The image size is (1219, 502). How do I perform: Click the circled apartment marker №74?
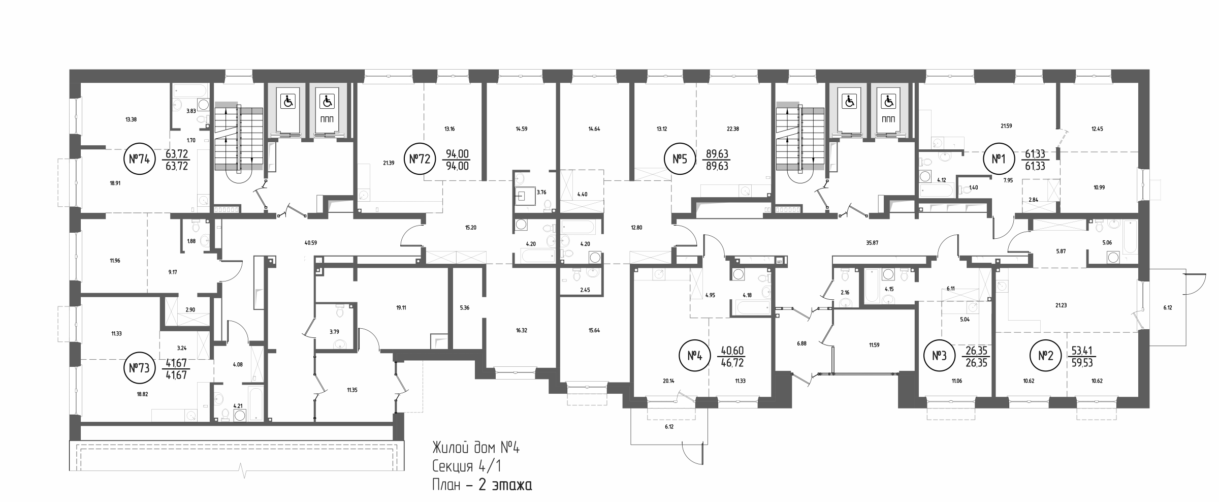click(139, 159)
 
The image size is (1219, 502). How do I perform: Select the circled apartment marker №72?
click(420, 159)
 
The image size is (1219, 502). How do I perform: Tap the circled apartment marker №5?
click(680, 159)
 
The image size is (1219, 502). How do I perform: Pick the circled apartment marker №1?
click(999, 159)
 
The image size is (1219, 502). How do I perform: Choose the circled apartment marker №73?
click(139, 368)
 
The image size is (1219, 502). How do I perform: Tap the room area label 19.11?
click(401, 307)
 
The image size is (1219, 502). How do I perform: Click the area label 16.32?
click(521, 330)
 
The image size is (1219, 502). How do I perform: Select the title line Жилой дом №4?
click(476, 448)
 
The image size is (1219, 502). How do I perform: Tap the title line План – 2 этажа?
click(482, 485)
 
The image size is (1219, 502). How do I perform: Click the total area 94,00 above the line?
click(458, 154)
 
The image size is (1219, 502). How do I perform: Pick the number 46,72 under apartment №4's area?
click(732, 363)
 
